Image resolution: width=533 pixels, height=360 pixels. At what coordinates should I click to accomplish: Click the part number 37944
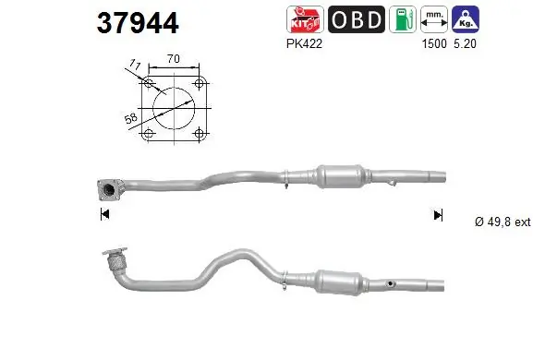(138, 23)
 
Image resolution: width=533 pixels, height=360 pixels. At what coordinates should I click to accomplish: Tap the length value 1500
(430, 42)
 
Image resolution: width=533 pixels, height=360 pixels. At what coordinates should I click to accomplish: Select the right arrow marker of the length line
(438, 215)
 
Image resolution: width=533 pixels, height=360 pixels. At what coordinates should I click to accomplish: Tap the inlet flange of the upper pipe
(108, 190)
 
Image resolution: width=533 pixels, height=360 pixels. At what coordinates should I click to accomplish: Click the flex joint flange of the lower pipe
(115, 262)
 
